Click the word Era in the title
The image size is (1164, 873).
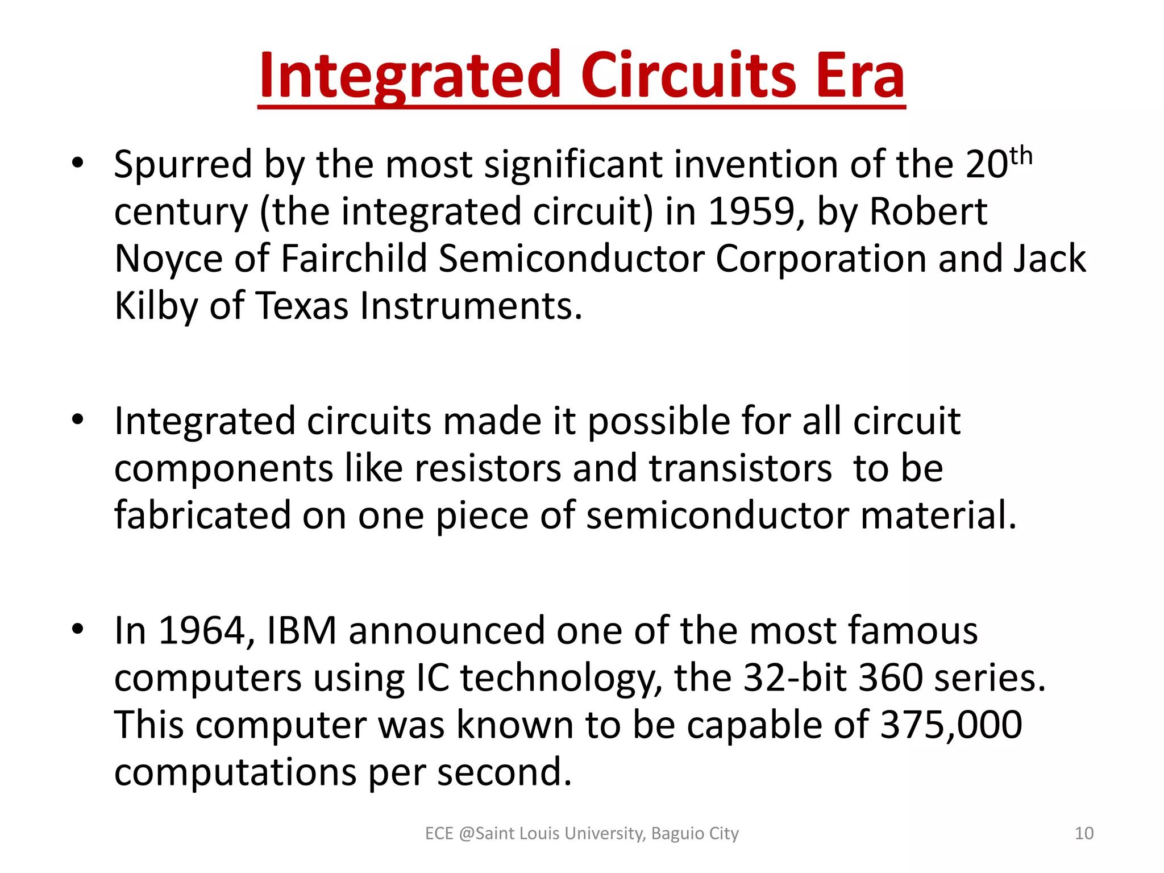pos(860,76)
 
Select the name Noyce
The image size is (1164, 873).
pos(168,259)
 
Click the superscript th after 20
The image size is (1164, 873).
pos(1021,155)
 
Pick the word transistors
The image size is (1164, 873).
pos(741,469)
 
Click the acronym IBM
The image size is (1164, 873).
pos(302,631)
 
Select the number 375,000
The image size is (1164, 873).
pos(951,725)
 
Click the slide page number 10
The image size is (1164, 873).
pos(1084,833)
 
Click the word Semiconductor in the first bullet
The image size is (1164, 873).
pos(572,259)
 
